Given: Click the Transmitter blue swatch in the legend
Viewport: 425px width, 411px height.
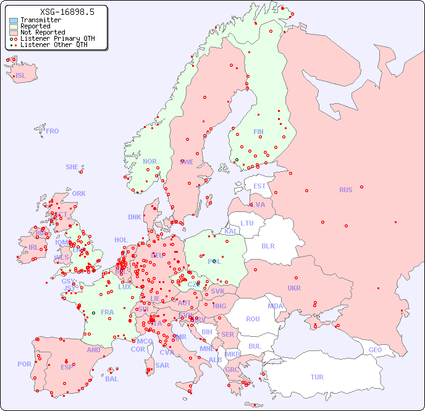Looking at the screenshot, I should [x=14, y=20].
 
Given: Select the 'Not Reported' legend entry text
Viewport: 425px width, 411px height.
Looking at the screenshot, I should [x=42, y=33].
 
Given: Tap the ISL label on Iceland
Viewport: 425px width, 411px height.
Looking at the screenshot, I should [x=21, y=76].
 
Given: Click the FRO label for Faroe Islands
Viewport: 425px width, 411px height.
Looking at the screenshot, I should [x=53, y=131].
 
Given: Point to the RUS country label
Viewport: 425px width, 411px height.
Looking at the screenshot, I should [x=345, y=190].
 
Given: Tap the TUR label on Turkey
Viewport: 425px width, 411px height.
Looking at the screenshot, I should [x=317, y=377].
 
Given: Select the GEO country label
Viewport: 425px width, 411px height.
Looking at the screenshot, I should [x=375, y=350].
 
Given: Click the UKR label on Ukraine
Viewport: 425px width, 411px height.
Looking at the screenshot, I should [x=294, y=288].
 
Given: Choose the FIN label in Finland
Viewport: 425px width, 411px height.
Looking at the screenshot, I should [x=258, y=132].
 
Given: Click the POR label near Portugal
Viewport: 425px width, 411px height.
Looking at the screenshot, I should [x=24, y=364].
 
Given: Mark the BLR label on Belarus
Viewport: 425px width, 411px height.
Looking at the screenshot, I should [x=267, y=245].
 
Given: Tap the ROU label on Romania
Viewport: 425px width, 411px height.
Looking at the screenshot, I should [x=253, y=319].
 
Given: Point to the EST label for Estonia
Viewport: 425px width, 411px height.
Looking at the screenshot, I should [x=259, y=186].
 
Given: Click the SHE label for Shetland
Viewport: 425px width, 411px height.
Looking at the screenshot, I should [x=72, y=167].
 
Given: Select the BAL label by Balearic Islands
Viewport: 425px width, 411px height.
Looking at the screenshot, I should [x=111, y=379].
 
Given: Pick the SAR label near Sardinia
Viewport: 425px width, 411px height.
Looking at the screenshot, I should [x=162, y=365].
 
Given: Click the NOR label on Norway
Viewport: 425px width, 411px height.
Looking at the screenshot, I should [x=149, y=161].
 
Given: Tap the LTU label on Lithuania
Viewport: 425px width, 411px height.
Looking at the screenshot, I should [x=247, y=223].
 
